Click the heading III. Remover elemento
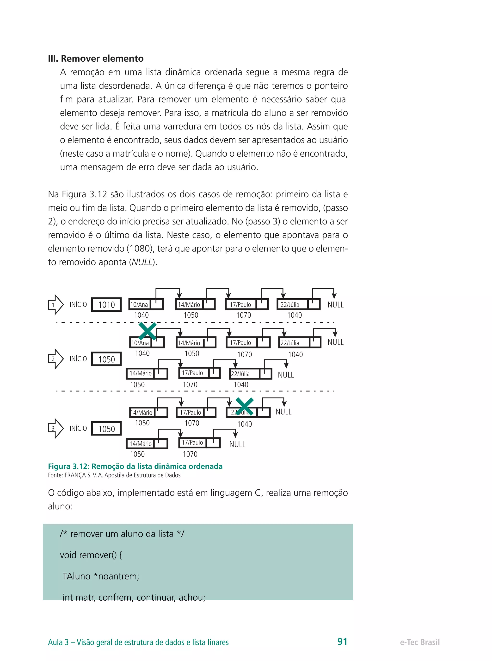click(96, 58)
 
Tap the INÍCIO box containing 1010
click(106, 305)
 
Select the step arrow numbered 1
click(56, 305)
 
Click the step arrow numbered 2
click(56, 359)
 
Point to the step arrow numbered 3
click(56, 428)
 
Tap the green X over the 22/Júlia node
click(245, 406)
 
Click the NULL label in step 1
click(335, 305)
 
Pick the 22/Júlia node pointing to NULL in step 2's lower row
click(251, 374)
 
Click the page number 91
click(342, 641)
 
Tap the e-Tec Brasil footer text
click(420, 642)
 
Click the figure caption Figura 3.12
click(135, 466)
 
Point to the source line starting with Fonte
click(114, 475)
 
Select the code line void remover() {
click(91, 555)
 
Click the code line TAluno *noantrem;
click(101, 576)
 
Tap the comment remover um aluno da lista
click(122, 534)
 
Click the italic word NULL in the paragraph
click(142, 262)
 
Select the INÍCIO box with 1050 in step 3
click(106, 429)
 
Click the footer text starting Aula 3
click(138, 642)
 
